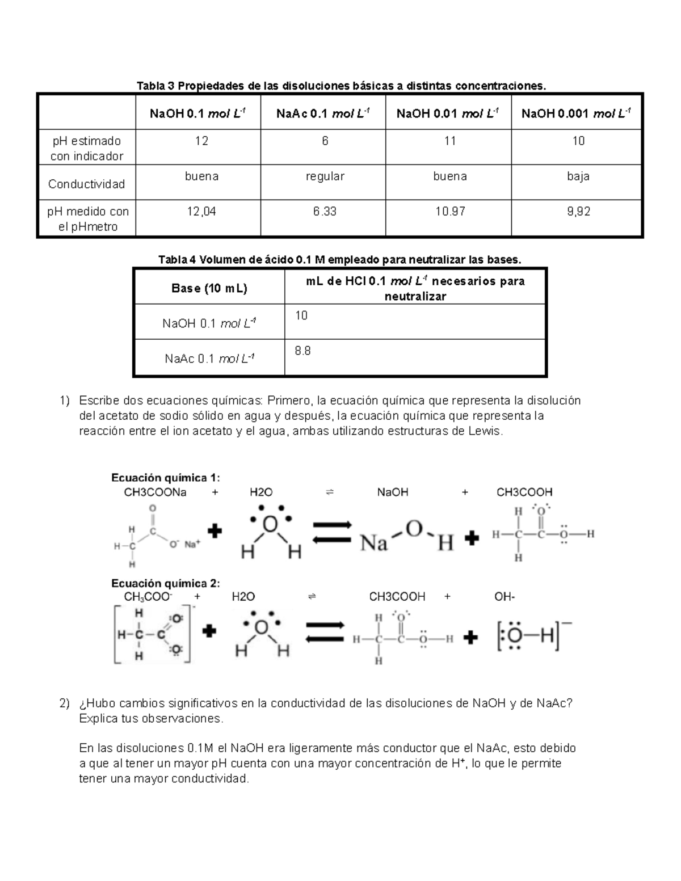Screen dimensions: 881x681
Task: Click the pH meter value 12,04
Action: [201, 212]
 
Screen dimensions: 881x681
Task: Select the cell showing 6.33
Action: [325, 212]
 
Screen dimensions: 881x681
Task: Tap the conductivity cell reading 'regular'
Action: [325, 176]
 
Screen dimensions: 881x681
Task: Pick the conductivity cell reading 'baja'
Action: [578, 176]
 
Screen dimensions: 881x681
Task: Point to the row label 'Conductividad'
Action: [86, 184]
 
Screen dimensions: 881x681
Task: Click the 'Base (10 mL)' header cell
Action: [209, 288]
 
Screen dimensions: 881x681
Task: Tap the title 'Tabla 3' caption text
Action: [341, 86]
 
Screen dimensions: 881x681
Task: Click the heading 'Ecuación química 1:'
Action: [165, 477]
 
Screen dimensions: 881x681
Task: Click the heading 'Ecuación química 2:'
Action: [165, 583]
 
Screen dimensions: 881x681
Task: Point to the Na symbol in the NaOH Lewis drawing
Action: [374, 543]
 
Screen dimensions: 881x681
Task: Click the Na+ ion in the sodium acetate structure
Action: [192, 545]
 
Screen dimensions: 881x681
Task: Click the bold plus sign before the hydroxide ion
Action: [470, 638]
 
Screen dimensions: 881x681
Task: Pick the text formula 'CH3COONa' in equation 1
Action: [155, 492]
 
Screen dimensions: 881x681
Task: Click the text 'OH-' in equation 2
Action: [505, 597]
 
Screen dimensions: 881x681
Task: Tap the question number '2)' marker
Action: [64, 703]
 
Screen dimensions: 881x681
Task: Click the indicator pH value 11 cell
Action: [449, 141]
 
